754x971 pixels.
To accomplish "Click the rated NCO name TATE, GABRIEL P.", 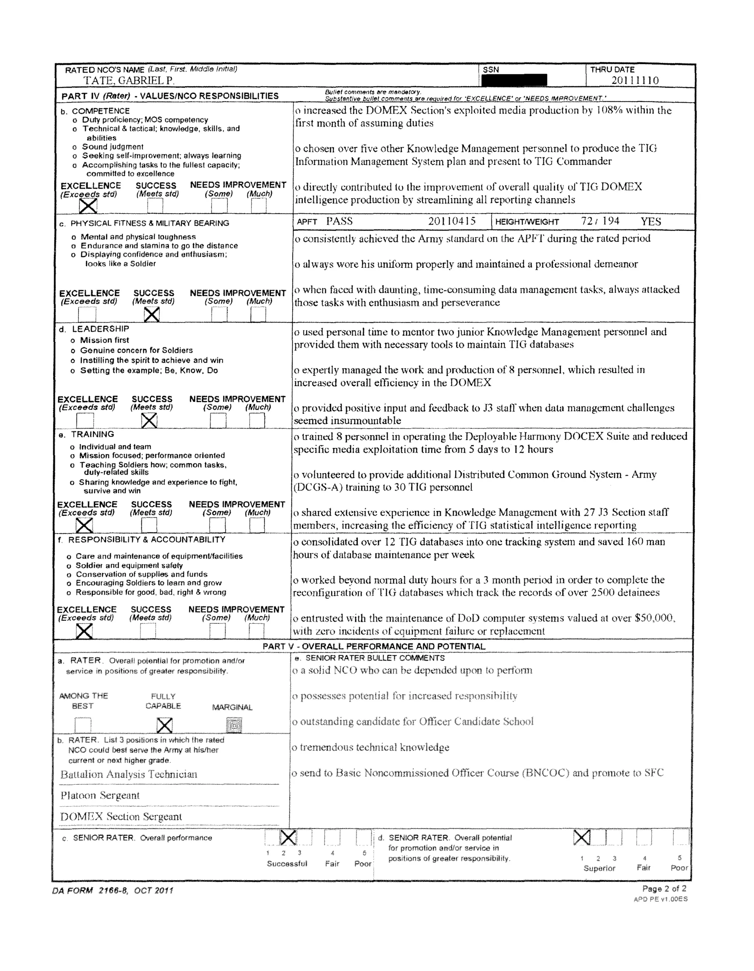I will [x=129, y=81].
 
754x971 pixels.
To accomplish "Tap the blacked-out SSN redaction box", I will [x=514, y=80].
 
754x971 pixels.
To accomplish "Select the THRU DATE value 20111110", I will [x=635, y=81].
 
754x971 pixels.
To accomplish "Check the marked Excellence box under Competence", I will [x=88, y=206].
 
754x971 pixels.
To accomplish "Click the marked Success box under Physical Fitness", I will [x=152, y=314].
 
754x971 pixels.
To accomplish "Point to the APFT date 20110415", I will [x=452, y=221].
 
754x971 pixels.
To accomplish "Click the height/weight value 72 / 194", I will [x=600, y=221].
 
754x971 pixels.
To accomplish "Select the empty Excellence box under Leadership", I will [x=85, y=420].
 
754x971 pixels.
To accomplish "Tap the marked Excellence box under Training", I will [x=84, y=525].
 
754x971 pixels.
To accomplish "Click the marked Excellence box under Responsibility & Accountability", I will [x=84, y=631].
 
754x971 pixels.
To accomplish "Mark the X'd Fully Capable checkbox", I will [x=165, y=726].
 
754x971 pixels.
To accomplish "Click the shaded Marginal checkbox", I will [x=234, y=726].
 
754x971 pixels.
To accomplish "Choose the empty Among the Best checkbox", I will [x=83, y=726].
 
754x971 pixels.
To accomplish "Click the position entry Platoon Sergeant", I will [x=100, y=795].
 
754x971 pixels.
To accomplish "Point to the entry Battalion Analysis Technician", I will [x=129, y=774].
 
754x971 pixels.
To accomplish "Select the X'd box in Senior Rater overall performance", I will [x=288, y=838].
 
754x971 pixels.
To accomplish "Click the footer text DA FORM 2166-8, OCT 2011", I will [x=113, y=890].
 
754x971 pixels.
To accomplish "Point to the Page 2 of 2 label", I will [x=664, y=889].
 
